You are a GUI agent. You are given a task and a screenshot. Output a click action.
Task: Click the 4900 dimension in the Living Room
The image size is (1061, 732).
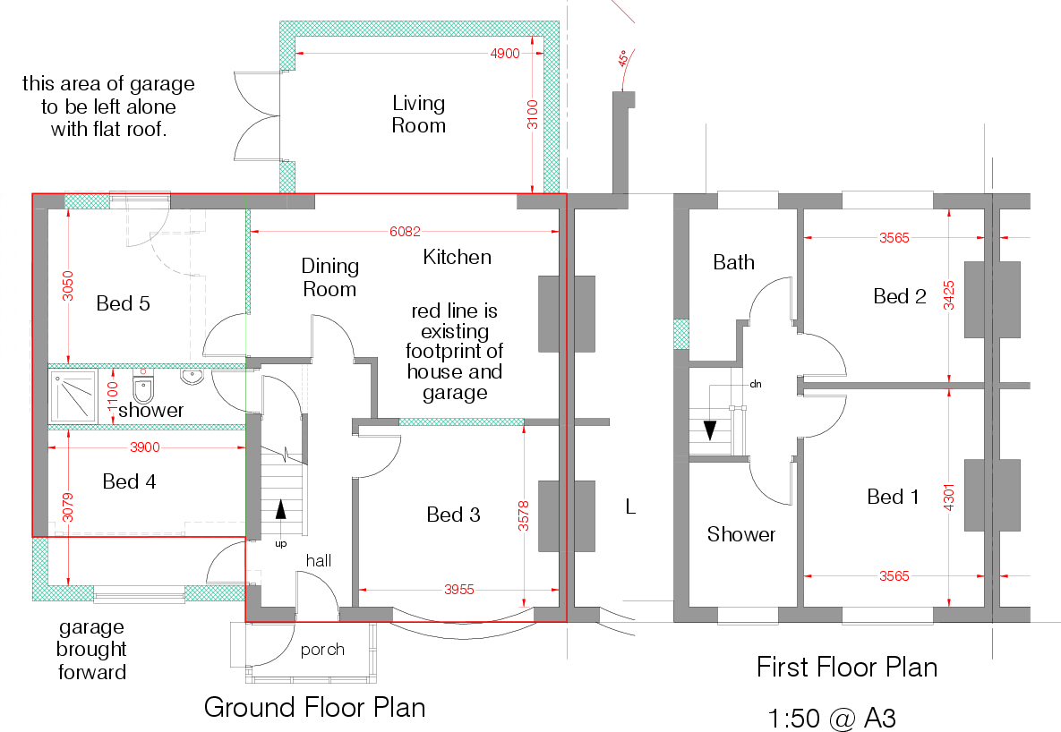pyautogui.click(x=504, y=54)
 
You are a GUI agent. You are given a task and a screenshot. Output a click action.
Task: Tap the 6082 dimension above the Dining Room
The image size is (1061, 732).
pyautogui.click(x=405, y=231)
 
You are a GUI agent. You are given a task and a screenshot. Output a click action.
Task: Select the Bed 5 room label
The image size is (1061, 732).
pyautogui.click(x=123, y=303)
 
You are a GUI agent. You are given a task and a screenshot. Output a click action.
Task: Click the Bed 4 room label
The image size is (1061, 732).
pyautogui.click(x=129, y=481)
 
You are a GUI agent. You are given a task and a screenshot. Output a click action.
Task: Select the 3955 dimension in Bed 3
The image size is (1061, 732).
pyautogui.click(x=460, y=590)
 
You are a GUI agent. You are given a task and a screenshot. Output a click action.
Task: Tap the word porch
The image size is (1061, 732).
pyautogui.click(x=322, y=650)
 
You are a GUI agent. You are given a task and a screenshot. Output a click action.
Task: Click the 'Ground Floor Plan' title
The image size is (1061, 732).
pyautogui.click(x=314, y=707)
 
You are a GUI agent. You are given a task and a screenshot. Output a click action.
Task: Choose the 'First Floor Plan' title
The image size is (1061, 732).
pyautogui.click(x=846, y=667)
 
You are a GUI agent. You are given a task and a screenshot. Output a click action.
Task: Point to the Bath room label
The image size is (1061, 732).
pyautogui.click(x=733, y=262)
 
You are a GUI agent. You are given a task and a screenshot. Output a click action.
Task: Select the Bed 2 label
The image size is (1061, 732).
pyautogui.click(x=899, y=296)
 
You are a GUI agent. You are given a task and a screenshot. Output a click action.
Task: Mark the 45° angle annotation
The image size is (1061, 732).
pyautogui.click(x=620, y=60)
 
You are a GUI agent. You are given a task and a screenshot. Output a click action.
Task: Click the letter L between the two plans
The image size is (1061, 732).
pyautogui.click(x=630, y=507)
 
